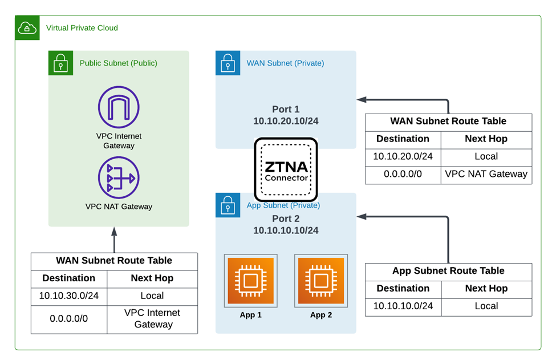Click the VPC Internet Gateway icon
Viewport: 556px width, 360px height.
tap(119, 107)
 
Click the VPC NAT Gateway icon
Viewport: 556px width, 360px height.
tap(119, 177)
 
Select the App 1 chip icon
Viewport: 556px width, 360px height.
tap(250, 281)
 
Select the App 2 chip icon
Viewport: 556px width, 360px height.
tap(320, 281)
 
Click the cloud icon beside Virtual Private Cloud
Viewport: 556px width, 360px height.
tap(26, 27)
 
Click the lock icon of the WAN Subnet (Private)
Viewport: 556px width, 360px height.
tap(228, 63)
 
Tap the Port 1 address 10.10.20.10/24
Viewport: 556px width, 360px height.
tap(286, 122)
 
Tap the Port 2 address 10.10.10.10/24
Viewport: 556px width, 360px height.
tap(286, 230)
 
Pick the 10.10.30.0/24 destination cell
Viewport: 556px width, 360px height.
tap(69, 296)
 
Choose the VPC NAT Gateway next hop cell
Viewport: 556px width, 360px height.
tap(486, 174)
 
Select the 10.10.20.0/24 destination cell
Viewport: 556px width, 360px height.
tap(403, 156)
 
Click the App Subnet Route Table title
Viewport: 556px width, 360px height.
tap(448, 271)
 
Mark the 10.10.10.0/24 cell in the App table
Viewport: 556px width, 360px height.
tap(403, 306)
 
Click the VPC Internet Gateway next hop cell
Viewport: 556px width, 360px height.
tap(152, 318)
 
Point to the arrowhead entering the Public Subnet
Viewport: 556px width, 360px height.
tap(114, 231)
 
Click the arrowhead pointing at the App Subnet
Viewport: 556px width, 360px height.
tap(360, 217)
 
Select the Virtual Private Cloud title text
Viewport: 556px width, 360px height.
tap(82, 27)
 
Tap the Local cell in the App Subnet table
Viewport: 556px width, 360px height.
tap(486, 306)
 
